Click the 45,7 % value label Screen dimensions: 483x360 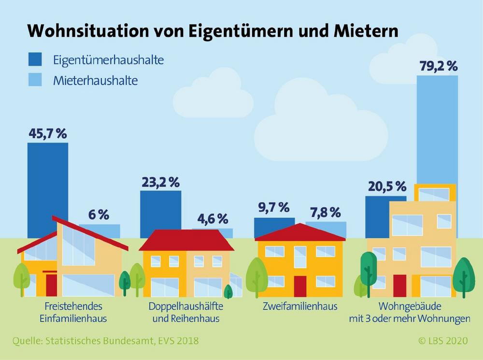(x=48, y=134)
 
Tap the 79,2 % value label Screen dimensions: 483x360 (x=439, y=66)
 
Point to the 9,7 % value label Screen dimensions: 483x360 (x=274, y=207)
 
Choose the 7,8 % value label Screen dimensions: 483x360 (x=326, y=212)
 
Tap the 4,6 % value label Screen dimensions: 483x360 (x=213, y=219)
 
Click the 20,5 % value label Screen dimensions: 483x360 (x=387, y=187)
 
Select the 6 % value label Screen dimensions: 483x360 (x=99, y=215)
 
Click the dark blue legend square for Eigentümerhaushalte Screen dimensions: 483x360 (x=35, y=59)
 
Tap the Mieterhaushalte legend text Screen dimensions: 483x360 (x=96, y=81)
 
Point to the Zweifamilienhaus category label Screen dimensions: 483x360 (x=300, y=306)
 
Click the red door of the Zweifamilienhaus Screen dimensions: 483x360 (x=300, y=287)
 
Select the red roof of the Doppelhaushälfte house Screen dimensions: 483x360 (x=186, y=240)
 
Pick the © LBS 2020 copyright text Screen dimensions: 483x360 (x=443, y=341)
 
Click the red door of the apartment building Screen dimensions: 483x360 (x=399, y=286)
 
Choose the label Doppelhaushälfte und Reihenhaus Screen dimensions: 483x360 (x=186, y=312)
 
